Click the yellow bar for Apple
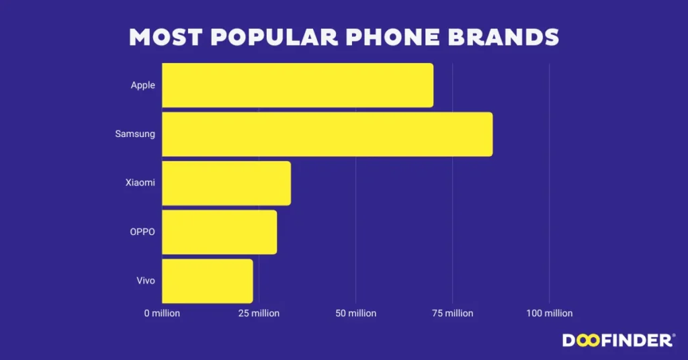click(298, 85)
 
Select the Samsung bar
click(327, 134)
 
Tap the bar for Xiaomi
click(226, 183)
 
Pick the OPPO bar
click(220, 232)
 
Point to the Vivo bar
click(208, 281)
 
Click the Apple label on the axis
click(142, 85)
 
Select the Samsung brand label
click(135, 134)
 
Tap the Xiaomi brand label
click(140, 183)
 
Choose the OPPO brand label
click(142, 232)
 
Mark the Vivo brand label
click(146, 281)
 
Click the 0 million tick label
click(162, 313)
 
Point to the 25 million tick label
click(259, 313)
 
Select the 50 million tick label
click(356, 313)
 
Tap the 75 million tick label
click(453, 313)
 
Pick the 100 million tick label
click(550, 313)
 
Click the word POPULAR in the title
click(275, 37)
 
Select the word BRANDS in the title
click(504, 37)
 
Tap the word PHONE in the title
click(393, 37)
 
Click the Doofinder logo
click(619, 341)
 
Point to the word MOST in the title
click(166, 37)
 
